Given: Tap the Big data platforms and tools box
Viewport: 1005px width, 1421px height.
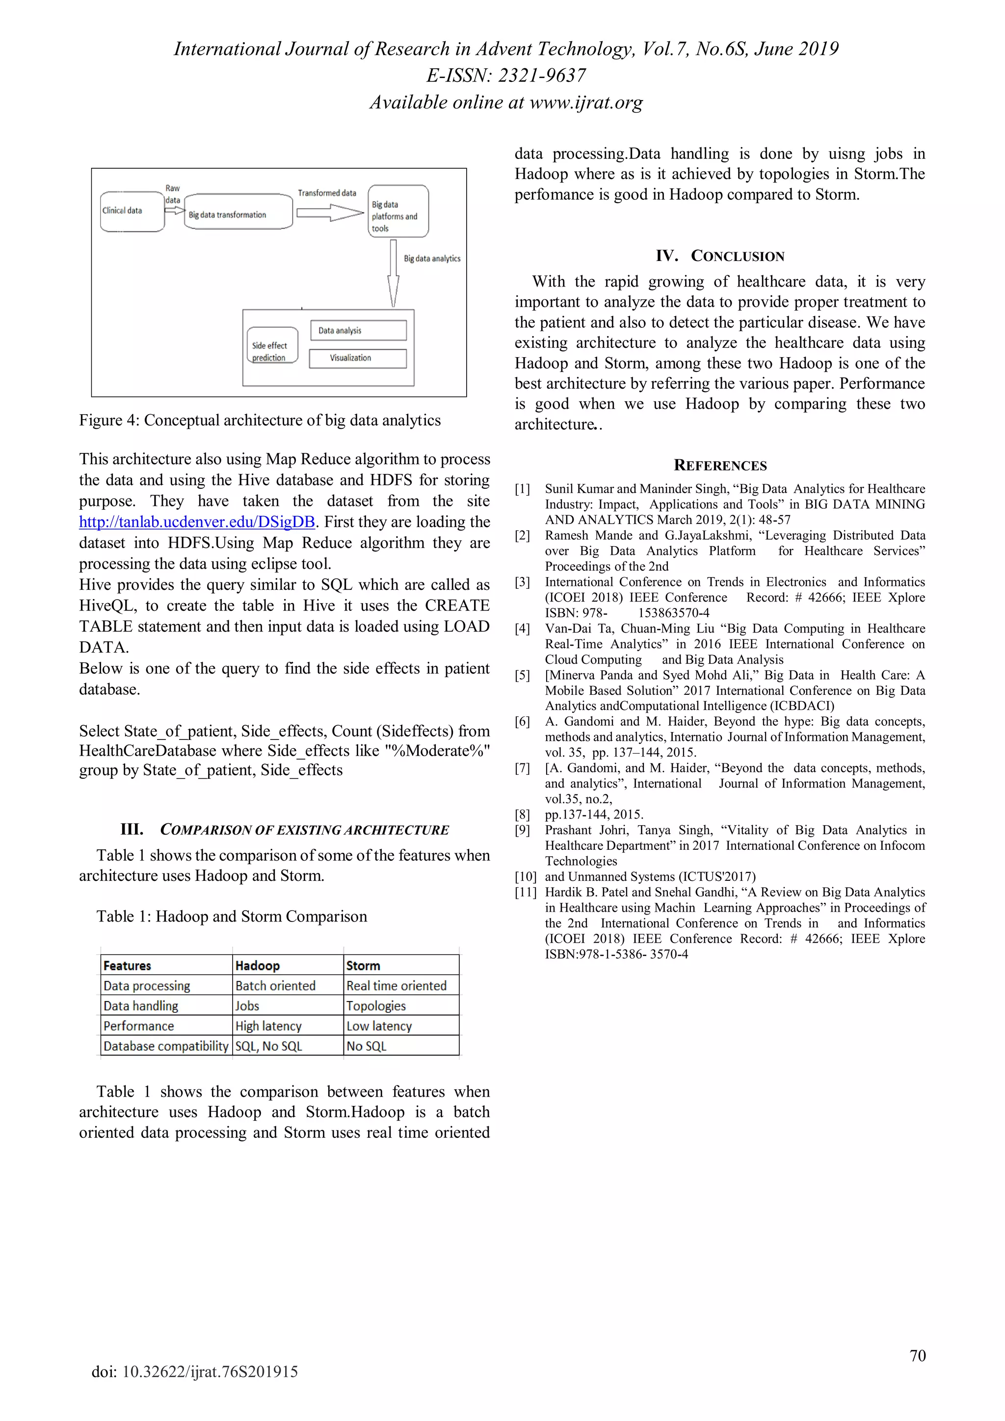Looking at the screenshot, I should click(x=397, y=211).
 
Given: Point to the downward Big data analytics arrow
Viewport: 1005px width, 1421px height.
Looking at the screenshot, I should click(x=393, y=273).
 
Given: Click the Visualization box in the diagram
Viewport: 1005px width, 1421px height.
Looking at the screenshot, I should click(x=358, y=358).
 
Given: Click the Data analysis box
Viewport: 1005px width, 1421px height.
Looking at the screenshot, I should click(x=358, y=331).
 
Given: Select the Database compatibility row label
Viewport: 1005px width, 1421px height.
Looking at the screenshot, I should click(x=166, y=1046).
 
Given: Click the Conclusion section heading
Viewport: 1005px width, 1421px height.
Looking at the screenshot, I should click(x=720, y=256).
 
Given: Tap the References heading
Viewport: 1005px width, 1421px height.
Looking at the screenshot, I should click(x=720, y=466).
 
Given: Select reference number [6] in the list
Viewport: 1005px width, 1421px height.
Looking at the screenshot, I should click(x=522, y=722).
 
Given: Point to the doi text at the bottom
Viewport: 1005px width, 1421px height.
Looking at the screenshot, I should click(x=195, y=1371).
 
